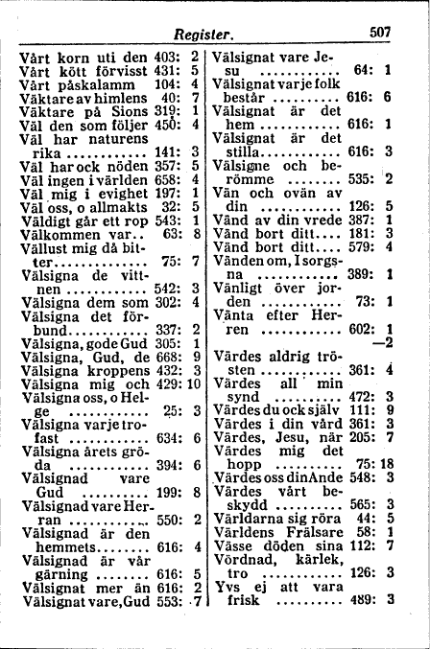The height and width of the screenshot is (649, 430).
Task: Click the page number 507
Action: tap(381, 33)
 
